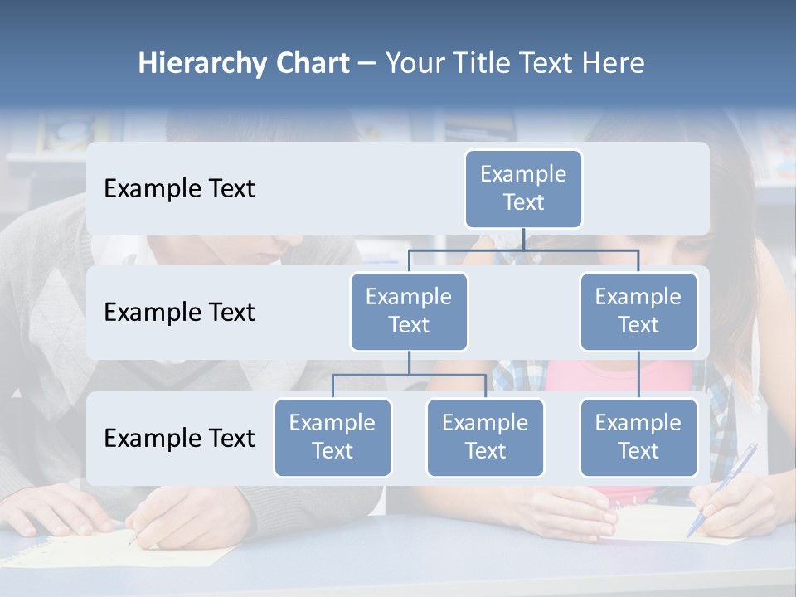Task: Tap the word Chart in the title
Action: point(312,64)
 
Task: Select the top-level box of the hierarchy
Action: point(523,188)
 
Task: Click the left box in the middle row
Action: point(409,311)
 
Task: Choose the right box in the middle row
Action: point(638,311)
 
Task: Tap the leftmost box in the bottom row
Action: point(332,437)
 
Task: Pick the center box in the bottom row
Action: point(485,437)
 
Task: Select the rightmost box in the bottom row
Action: point(638,437)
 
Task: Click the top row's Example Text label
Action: point(179,189)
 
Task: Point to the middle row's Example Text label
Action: point(179,313)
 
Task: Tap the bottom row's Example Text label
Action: point(179,438)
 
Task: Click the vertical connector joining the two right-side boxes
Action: point(638,374)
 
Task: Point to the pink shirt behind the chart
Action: point(618,376)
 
